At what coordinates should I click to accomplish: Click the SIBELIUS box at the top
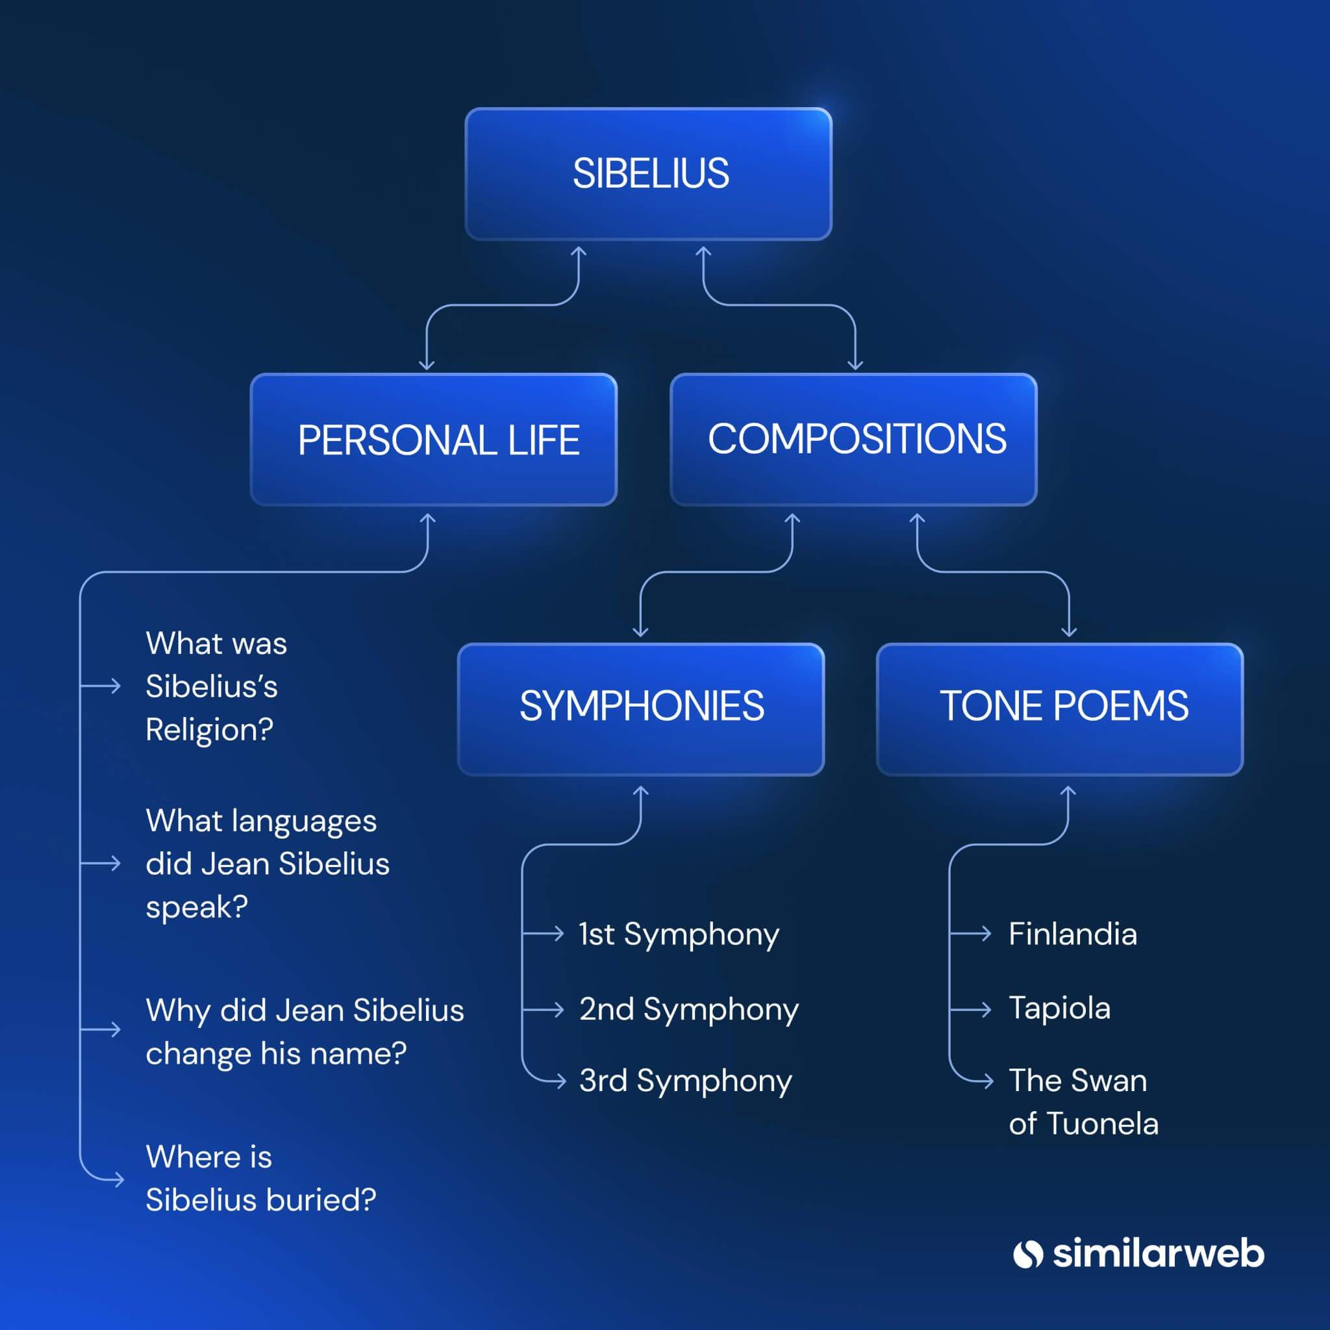[x=649, y=173]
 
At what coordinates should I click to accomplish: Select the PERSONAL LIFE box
[x=434, y=440]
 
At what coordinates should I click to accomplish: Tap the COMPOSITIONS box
[x=853, y=440]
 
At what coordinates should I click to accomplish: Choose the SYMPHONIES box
[x=641, y=709]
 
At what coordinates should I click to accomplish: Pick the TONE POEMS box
[x=1060, y=709]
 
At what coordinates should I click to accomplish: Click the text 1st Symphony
[x=679, y=934]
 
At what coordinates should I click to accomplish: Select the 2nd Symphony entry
[x=688, y=1010]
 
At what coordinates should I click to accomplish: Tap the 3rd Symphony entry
[x=685, y=1081]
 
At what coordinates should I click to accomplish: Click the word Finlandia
[x=1073, y=934]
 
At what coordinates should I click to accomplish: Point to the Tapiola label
[x=1059, y=1009]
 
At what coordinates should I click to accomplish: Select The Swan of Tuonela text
[x=1083, y=1101]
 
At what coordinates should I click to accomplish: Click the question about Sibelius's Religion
[x=216, y=686]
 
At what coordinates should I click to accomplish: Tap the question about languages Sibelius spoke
[x=267, y=863]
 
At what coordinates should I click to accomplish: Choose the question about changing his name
[x=305, y=1031]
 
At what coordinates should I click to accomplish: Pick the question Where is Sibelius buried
[x=260, y=1178]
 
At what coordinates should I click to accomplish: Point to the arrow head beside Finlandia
[x=987, y=933]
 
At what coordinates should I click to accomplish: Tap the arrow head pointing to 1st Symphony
[x=560, y=933]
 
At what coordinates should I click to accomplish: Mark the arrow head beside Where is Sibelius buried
[x=119, y=1180]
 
